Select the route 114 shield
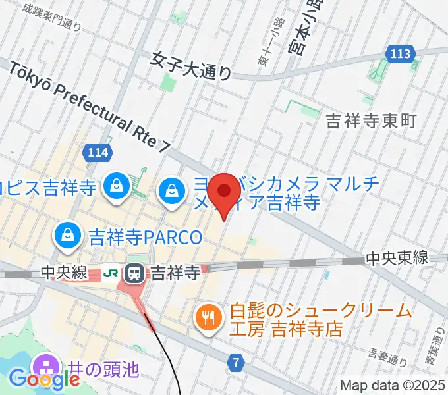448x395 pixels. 97,153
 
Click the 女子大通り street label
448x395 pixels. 190,66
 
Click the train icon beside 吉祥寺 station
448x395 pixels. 136,272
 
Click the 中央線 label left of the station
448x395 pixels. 63,272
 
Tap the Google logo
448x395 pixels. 45,379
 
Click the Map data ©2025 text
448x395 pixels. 393,385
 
